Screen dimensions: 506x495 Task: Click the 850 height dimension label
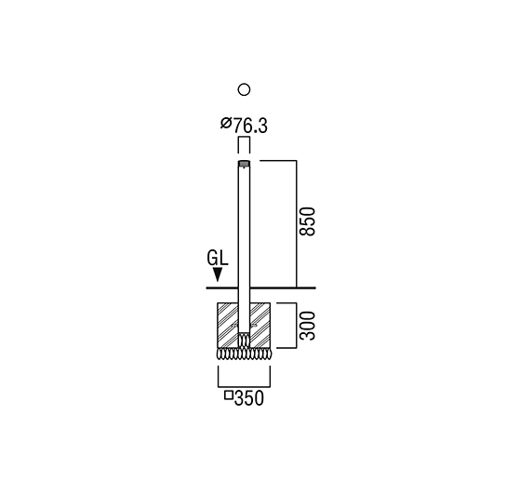click(307, 221)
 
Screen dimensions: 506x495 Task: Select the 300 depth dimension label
click(307, 326)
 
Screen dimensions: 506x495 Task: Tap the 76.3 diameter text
click(250, 126)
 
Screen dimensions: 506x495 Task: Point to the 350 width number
click(249, 398)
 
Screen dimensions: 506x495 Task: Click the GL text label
click(218, 259)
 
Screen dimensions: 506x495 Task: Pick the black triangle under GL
click(219, 274)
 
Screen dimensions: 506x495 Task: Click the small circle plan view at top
click(244, 89)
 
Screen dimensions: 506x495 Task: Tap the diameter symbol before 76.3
click(226, 124)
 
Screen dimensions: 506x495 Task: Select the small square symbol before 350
click(229, 395)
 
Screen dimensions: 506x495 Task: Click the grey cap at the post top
click(244, 164)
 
